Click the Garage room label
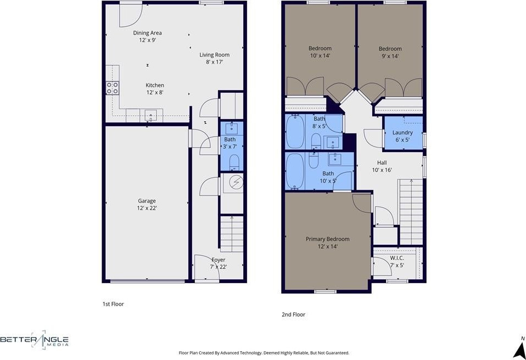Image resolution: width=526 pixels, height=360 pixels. (147, 201)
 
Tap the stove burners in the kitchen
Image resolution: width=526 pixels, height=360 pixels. (113, 88)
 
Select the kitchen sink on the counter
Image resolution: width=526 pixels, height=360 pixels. (150, 116)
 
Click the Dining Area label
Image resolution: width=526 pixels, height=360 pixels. (147, 33)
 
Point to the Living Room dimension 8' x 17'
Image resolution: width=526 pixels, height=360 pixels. (214, 62)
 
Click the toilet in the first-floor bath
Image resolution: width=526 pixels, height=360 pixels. (234, 162)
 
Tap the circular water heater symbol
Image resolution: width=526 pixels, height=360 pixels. (236, 182)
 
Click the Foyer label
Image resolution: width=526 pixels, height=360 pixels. (219, 260)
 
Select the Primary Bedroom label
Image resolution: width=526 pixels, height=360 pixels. (327, 239)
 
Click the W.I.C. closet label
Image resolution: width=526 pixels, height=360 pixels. (397, 258)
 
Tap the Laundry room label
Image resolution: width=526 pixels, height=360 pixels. (402, 133)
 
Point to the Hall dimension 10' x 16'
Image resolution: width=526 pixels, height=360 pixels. (382, 170)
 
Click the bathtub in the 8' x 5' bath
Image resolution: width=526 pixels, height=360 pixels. (295, 132)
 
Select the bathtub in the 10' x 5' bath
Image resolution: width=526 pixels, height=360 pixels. (295, 171)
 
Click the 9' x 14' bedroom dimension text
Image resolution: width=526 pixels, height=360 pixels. (390, 56)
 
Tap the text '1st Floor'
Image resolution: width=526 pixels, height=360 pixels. (113, 304)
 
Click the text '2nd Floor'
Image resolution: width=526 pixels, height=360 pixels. (294, 314)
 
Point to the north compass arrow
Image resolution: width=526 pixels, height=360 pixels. (520, 350)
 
